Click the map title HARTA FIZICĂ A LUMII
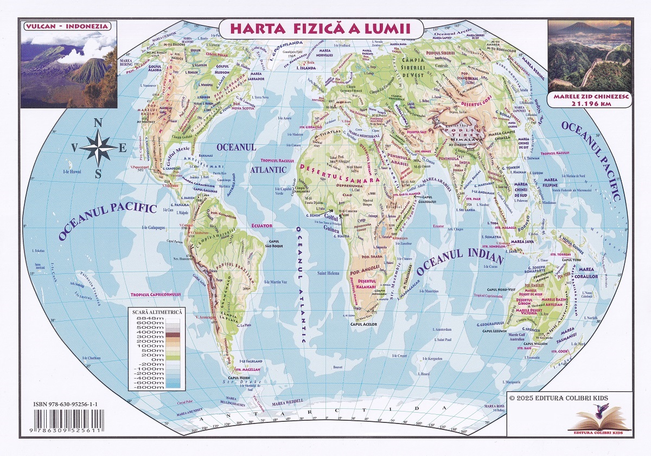[319, 28]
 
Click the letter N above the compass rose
[98, 124]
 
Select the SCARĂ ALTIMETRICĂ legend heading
[156, 312]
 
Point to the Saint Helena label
[328, 273]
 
